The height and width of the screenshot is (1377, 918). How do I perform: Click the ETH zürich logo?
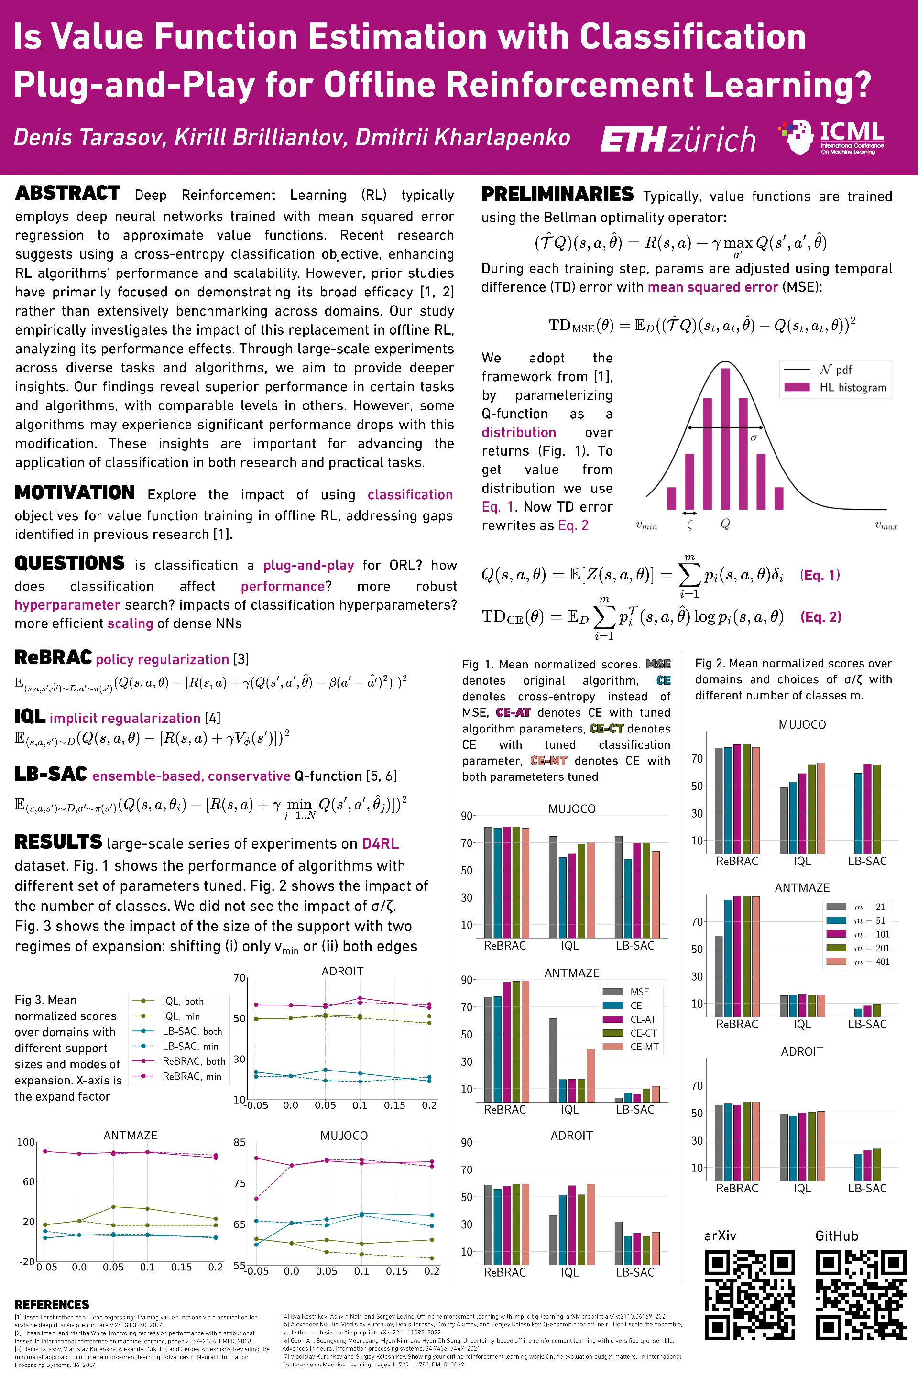coord(678,139)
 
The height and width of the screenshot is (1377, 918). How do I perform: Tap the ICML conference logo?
coord(832,138)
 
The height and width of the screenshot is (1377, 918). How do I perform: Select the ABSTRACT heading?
coord(68,193)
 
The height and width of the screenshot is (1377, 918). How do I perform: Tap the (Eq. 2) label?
coord(820,616)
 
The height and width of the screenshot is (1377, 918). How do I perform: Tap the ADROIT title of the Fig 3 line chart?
coord(342,971)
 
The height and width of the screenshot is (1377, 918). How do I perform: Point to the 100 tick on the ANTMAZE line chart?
coord(26,1142)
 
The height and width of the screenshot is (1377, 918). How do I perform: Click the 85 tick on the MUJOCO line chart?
coord(240,1142)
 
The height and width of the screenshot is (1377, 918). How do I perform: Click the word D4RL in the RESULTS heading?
coord(380,843)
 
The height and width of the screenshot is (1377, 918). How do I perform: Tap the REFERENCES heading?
coord(52,1304)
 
